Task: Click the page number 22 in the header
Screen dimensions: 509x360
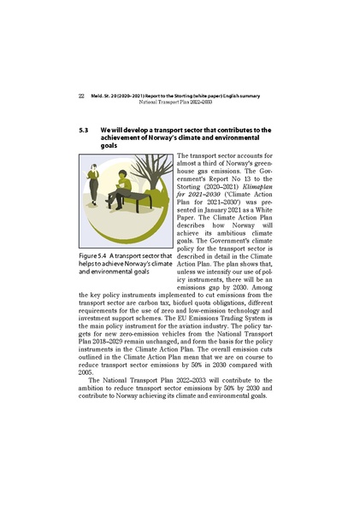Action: [80, 96]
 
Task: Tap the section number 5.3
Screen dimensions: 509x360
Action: [85, 131]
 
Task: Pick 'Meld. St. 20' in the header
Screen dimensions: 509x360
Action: [106, 96]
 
